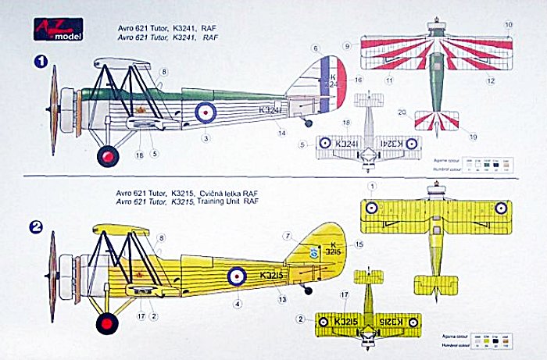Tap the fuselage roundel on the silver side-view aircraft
[205, 112]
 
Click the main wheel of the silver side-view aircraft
[107, 156]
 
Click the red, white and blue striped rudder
[333, 86]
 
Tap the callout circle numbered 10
[509, 25]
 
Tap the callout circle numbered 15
[359, 244]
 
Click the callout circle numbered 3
[205, 139]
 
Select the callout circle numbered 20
[402, 112]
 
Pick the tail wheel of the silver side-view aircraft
[309, 123]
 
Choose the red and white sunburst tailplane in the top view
[436, 121]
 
